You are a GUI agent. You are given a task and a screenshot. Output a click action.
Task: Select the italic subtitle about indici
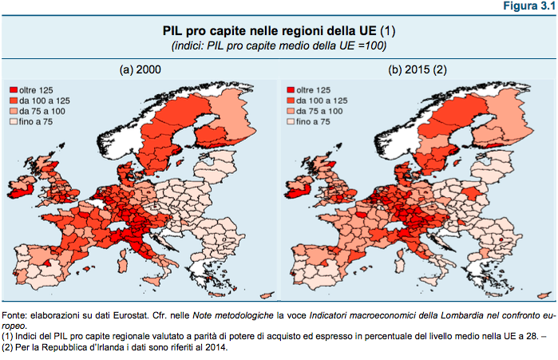click(x=279, y=46)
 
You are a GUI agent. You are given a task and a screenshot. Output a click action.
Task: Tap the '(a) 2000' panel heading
click(x=140, y=70)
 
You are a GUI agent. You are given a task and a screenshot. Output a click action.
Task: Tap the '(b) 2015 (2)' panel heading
click(x=418, y=70)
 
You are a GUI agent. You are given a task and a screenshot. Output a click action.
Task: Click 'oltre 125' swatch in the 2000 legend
click(x=14, y=89)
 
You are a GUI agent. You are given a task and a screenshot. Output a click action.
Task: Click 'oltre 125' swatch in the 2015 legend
click(x=290, y=89)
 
